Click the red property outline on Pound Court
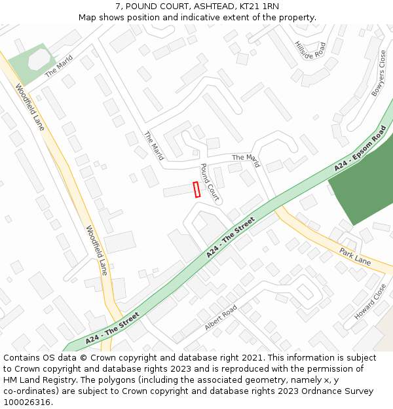point(196,189)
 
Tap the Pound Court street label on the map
point(209,181)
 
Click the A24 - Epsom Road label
point(360,149)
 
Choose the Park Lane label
point(355,257)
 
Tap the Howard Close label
point(370,302)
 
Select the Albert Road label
point(221,317)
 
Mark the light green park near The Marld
point(30,63)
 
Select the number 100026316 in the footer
point(27,402)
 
